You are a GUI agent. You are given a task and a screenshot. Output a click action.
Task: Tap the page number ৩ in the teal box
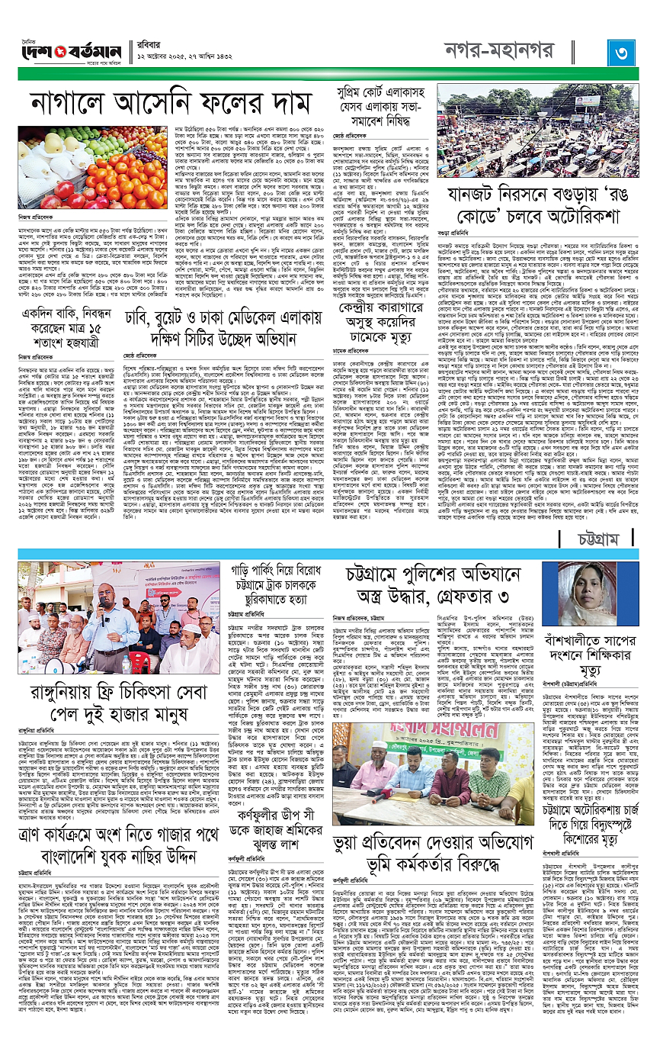click(621, 53)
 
